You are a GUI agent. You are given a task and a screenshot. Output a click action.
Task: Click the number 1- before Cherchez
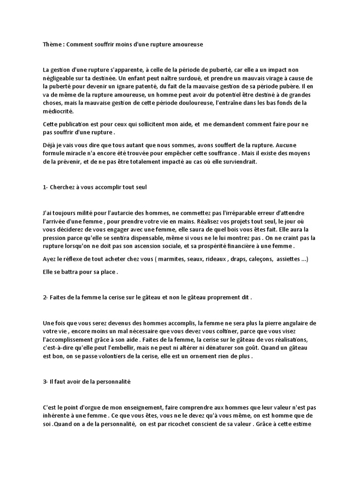45,187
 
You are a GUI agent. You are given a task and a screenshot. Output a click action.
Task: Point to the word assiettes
291,259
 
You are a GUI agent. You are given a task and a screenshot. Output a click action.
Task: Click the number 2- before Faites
45,297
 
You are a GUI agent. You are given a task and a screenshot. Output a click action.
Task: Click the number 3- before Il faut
45,382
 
